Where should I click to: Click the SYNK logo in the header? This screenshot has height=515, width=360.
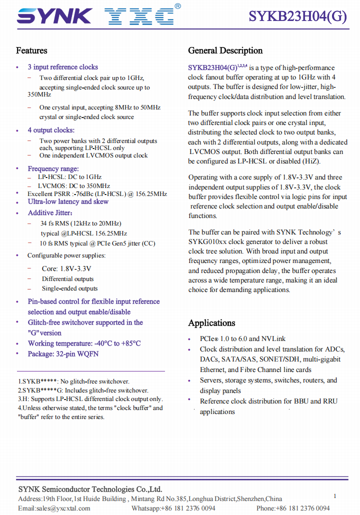click(x=54, y=16)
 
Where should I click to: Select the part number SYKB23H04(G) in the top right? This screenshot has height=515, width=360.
click(x=298, y=16)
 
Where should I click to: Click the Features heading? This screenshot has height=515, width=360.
click(x=31, y=50)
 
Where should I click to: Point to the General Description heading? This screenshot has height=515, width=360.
click(x=225, y=50)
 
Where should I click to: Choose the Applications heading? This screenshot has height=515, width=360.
click(x=211, y=323)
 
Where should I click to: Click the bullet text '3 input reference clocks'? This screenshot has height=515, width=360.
click(x=62, y=67)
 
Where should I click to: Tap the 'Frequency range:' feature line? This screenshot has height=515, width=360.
click(x=53, y=168)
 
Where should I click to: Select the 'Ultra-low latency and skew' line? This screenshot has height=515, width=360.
click(x=68, y=201)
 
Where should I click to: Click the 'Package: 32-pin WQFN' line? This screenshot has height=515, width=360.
click(x=63, y=354)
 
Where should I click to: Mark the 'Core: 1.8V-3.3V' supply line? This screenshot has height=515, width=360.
click(x=66, y=268)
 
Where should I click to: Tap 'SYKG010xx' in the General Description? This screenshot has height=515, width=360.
click(x=207, y=241)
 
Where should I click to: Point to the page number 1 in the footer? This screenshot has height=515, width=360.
click(x=334, y=496)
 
